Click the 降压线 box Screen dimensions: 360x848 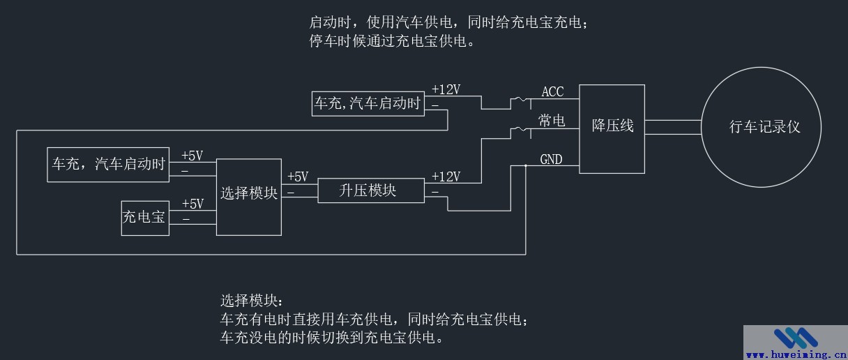tap(613, 128)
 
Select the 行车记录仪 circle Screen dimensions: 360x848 tap(762, 127)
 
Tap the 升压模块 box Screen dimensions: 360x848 tap(370, 190)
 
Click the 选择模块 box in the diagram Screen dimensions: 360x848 tap(249, 196)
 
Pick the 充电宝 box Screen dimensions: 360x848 tap(145, 218)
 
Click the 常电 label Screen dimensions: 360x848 tap(552, 121)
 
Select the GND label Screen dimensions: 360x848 tap(551, 160)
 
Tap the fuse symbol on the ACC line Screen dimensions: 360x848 tap(520, 102)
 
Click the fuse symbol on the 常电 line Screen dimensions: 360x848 tap(520, 130)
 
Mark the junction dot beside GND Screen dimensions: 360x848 tap(526, 166)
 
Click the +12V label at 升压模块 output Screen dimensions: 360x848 tap(446, 177)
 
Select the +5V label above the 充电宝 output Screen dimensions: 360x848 tap(192, 204)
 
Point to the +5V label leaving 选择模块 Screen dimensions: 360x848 tap(297, 177)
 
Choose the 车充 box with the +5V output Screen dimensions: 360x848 tap(108, 165)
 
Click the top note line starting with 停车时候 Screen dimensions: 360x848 tap(393, 41)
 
